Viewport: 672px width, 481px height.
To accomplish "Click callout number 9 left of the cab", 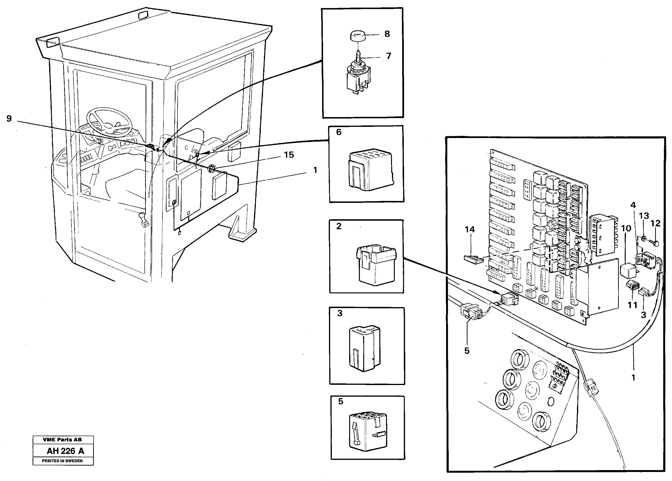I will click(9, 119).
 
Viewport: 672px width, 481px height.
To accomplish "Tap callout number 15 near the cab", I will click(289, 155).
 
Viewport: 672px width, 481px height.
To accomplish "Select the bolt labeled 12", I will click(655, 244).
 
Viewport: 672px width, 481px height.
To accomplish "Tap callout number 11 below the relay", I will click(632, 305).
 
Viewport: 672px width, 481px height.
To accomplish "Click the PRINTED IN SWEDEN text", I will click(62, 461).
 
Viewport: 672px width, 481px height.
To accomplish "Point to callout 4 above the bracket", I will click(633, 205).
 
